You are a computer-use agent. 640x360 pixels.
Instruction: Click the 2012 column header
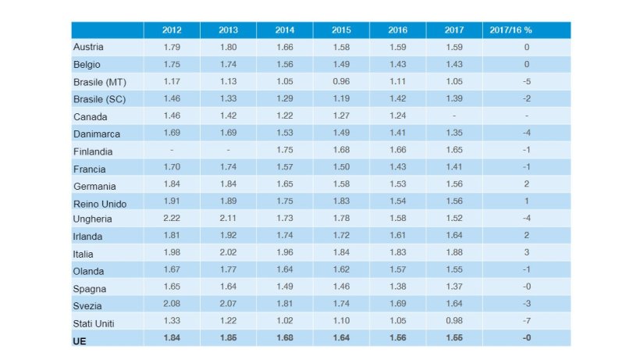[172, 30]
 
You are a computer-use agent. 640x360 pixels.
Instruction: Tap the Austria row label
[87, 48]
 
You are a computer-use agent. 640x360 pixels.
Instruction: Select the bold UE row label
[79, 340]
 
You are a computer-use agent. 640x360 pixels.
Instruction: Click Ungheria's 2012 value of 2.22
[172, 219]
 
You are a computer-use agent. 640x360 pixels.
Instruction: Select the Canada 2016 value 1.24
[398, 116]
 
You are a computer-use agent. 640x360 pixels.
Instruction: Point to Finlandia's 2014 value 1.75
[285, 151]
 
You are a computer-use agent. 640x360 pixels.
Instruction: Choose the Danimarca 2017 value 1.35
[454, 134]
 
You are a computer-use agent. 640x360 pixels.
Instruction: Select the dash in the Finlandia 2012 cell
[172, 151]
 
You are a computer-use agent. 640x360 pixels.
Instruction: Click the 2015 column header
[341, 30]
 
